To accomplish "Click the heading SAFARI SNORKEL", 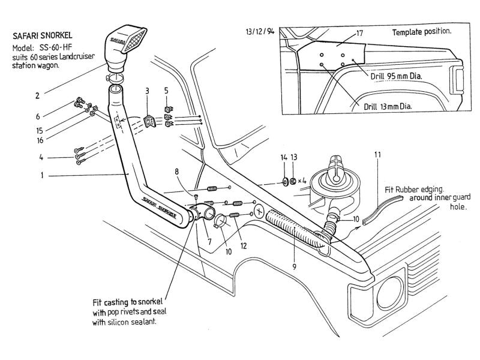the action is click(x=42, y=36).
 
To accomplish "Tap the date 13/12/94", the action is click(x=260, y=32).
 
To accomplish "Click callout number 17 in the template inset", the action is click(x=359, y=33).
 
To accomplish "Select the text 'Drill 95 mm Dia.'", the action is click(x=396, y=76).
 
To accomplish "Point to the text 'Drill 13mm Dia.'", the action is click(x=388, y=107).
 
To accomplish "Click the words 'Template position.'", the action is click(x=422, y=32).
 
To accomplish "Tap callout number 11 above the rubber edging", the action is click(x=378, y=155).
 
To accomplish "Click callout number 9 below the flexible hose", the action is click(x=295, y=266).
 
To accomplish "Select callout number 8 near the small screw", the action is click(x=176, y=172).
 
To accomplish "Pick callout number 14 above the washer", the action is click(x=284, y=157).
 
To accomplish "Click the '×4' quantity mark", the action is click(x=302, y=181).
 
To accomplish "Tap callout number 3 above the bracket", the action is click(x=147, y=91).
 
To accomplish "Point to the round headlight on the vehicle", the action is click(x=389, y=293).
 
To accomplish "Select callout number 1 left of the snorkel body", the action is click(x=42, y=175).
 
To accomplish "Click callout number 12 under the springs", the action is click(x=244, y=246).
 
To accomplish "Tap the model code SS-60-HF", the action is click(x=55, y=48).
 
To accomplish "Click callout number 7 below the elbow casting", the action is click(x=209, y=242).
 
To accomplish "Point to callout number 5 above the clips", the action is click(x=166, y=91).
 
